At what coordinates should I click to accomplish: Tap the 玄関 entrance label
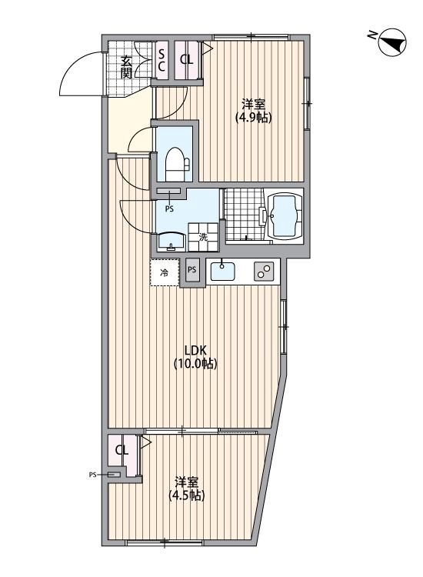point(127,68)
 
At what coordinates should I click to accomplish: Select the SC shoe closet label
point(162,60)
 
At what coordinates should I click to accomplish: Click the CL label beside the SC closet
point(186,60)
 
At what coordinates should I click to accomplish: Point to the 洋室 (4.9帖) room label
point(255,111)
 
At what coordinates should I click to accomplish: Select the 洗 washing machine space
point(204,238)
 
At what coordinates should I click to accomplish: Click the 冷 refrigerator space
point(164,272)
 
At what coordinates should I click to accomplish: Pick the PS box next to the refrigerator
point(192,271)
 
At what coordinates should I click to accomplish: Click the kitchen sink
point(224,271)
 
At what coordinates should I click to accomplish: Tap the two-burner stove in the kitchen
point(264,272)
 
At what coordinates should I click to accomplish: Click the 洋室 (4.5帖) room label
point(187,489)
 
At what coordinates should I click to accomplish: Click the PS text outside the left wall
point(93,475)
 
